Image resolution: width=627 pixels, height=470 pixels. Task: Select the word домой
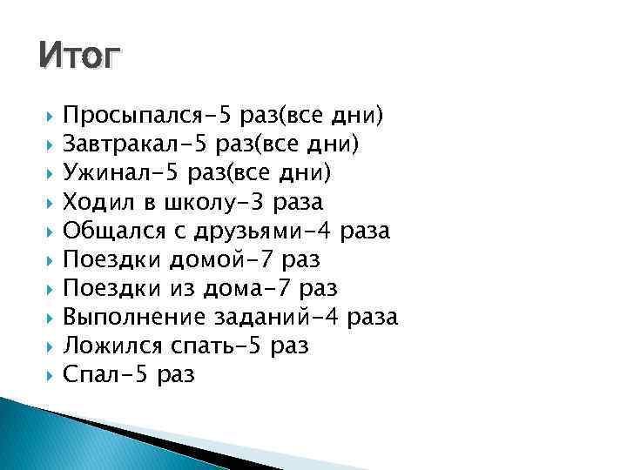coord(202,259)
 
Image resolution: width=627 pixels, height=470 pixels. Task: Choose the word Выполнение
coord(128,317)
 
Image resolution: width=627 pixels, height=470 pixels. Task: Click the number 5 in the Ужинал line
coord(174,172)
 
